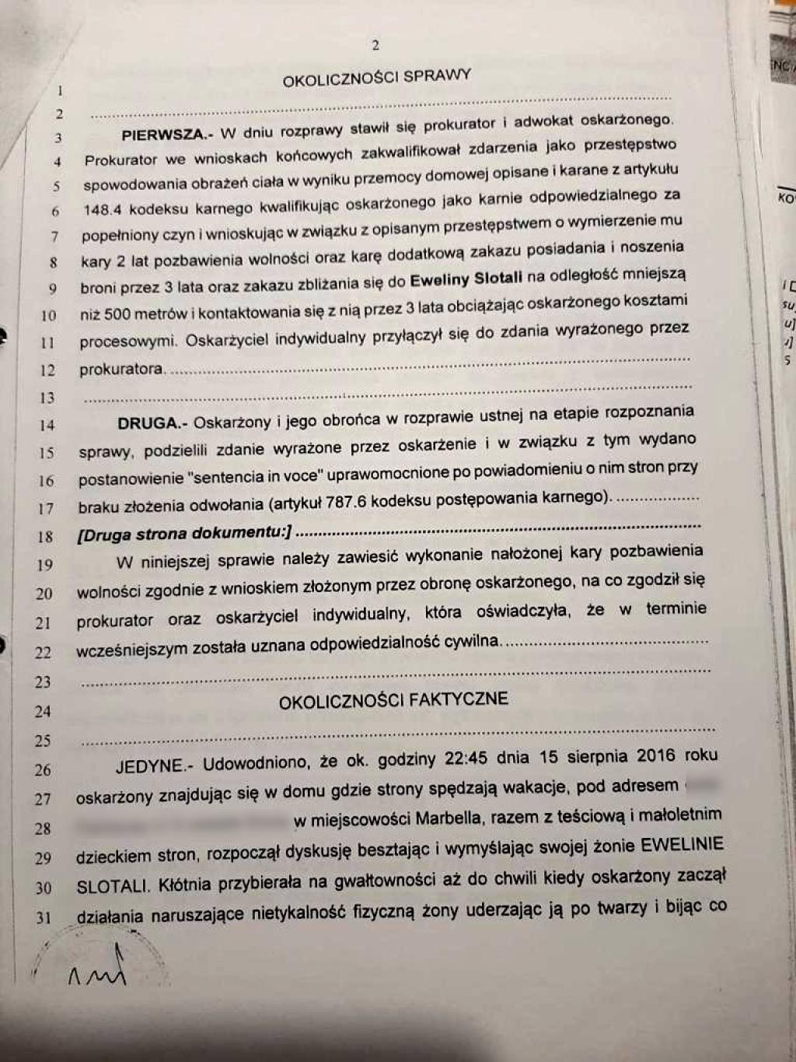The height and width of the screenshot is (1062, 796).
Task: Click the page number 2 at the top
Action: click(x=375, y=45)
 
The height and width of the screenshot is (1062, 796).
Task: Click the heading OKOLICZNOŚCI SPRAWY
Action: click(x=376, y=78)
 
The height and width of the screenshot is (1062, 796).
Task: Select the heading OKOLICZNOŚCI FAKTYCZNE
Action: click(x=393, y=700)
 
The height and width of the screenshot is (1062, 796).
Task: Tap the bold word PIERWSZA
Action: click(x=164, y=135)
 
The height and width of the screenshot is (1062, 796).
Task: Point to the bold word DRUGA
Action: click(x=151, y=423)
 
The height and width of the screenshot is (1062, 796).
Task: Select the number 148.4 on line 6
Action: click(x=103, y=210)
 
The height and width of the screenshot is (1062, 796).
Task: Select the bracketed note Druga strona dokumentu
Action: click(x=184, y=534)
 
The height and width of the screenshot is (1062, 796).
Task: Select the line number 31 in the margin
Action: click(x=43, y=917)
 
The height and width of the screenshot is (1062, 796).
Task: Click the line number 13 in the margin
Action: click(x=47, y=398)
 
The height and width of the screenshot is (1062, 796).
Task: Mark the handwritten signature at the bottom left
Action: click(x=96, y=969)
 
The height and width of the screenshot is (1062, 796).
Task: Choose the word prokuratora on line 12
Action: click(x=121, y=369)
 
